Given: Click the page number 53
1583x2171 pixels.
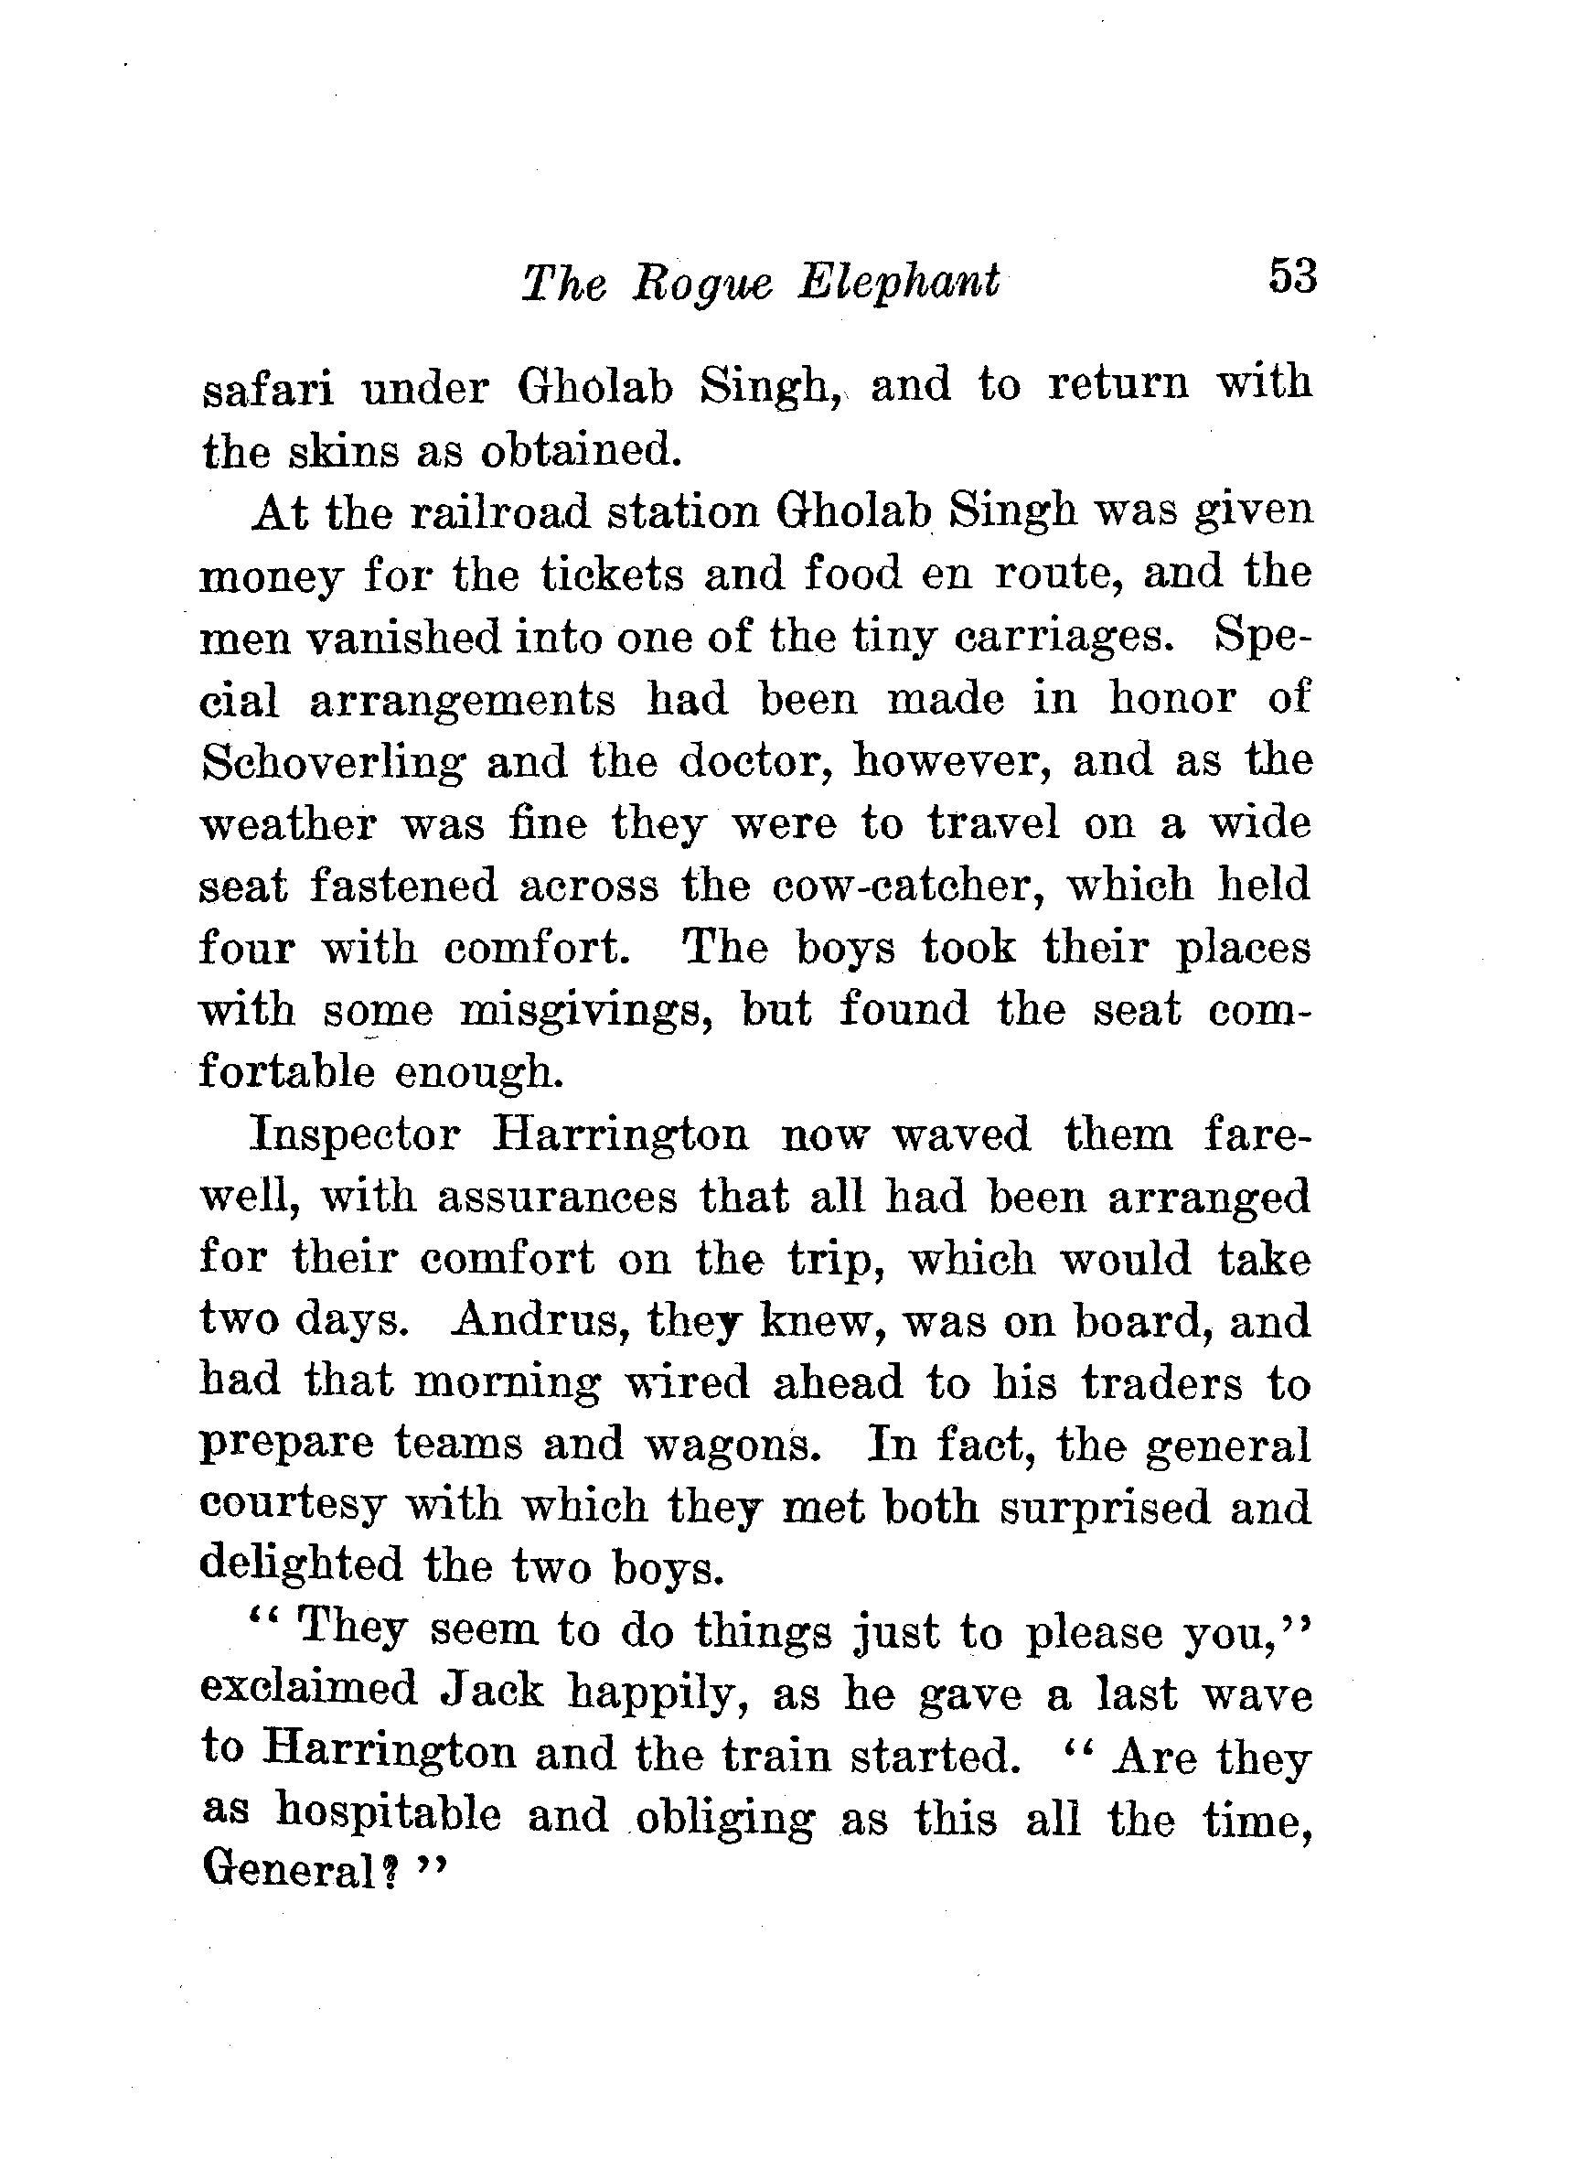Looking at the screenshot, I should (1293, 277).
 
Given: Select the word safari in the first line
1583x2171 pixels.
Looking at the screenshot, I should (268, 388).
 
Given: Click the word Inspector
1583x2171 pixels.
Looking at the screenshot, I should (355, 1137).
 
